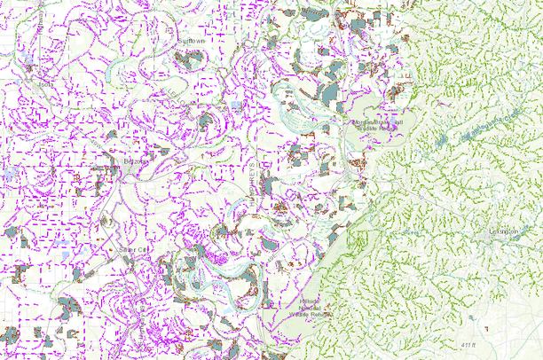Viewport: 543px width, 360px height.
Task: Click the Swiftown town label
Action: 191,41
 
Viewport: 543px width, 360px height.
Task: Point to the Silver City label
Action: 134,250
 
